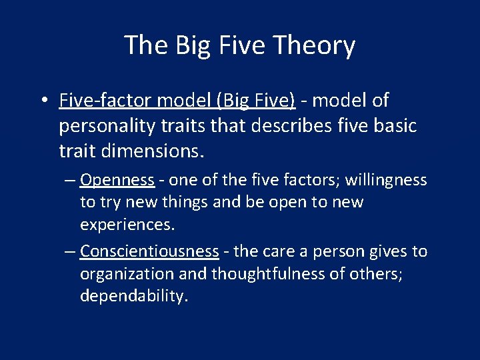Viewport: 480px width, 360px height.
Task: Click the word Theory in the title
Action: coord(317,46)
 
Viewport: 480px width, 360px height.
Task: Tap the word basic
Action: coord(393,126)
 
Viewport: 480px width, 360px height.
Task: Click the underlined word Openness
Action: coord(117,180)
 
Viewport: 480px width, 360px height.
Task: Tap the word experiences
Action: coord(127,225)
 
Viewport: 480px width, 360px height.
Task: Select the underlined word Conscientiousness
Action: coord(149,251)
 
